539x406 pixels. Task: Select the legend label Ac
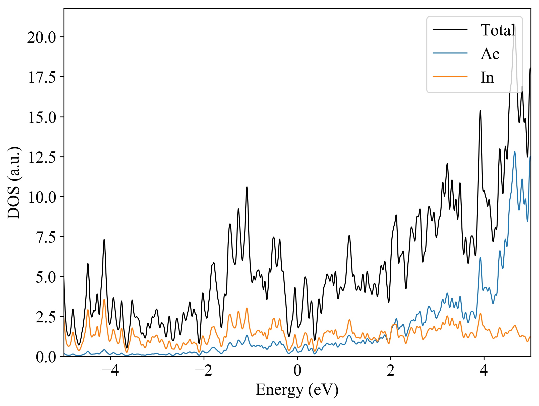click(x=490, y=54)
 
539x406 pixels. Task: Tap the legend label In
click(x=487, y=77)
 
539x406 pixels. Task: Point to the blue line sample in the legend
click(x=450, y=53)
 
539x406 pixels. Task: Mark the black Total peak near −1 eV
click(x=247, y=187)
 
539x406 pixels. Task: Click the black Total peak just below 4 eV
click(x=480, y=111)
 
